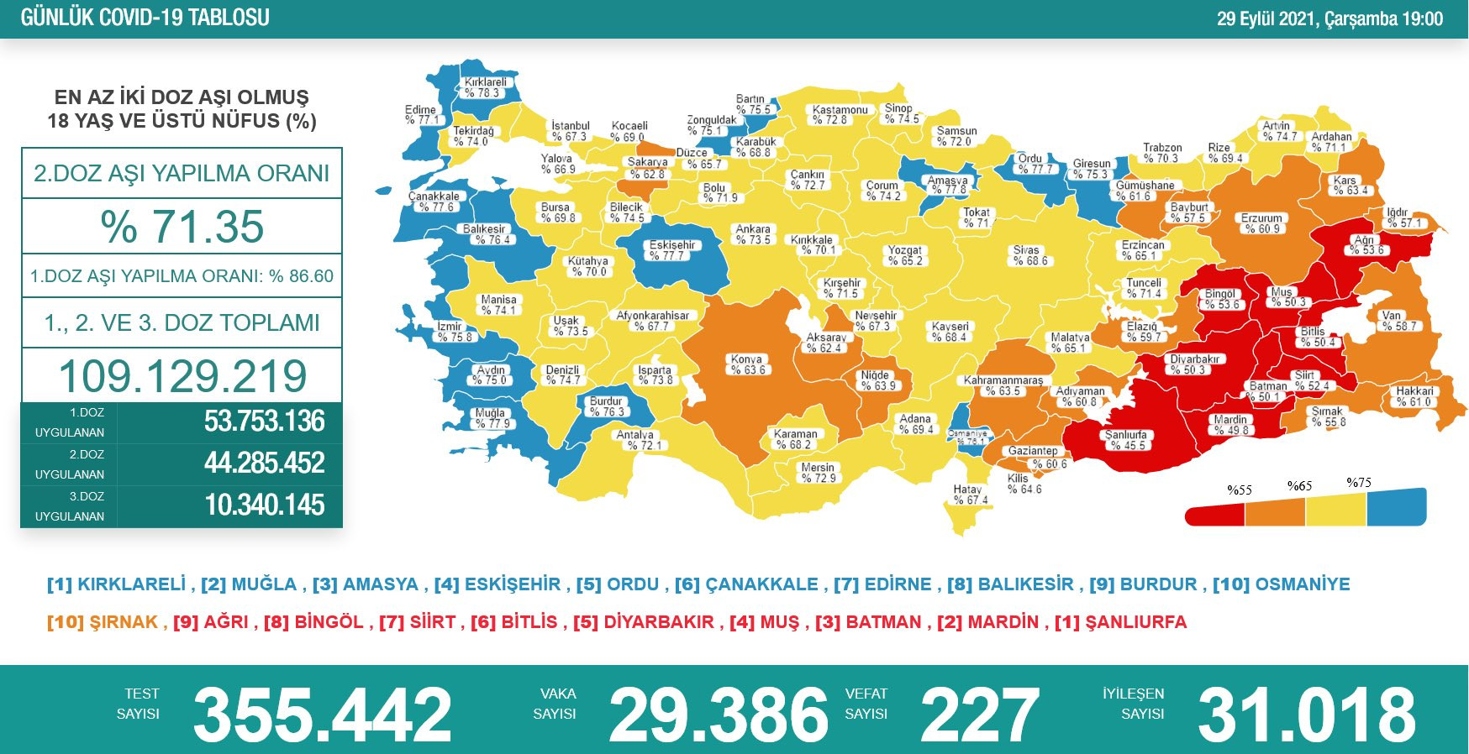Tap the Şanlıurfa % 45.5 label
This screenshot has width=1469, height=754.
(x=1126, y=440)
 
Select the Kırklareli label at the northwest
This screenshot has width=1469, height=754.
(x=485, y=87)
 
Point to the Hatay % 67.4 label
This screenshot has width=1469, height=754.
(x=970, y=495)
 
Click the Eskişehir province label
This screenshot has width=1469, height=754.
(x=671, y=250)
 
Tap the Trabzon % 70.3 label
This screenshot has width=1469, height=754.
(x=1161, y=153)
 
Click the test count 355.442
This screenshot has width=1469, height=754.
(x=323, y=715)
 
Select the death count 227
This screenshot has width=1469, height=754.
(x=979, y=715)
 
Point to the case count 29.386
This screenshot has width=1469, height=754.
(x=719, y=715)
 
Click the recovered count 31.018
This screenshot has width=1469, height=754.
(x=1306, y=715)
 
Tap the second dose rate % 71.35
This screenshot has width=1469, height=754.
(x=182, y=227)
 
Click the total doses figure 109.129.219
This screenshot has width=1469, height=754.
(x=182, y=376)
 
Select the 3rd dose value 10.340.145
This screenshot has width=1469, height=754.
(x=264, y=505)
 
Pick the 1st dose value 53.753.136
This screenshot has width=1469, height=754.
(x=264, y=422)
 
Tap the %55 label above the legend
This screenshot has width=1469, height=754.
(x=1239, y=490)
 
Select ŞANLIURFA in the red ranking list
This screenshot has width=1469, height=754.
(x=1135, y=622)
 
